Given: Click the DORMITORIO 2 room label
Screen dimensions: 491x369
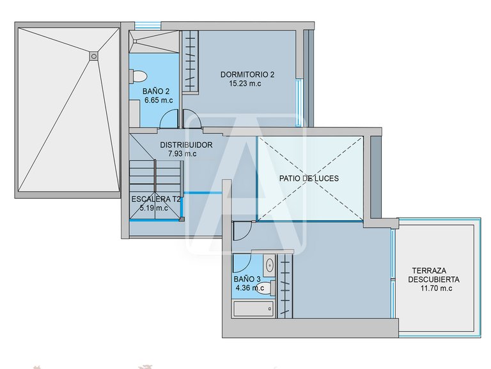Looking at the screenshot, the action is [247, 75].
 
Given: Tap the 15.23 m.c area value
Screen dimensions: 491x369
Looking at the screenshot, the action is [245, 83].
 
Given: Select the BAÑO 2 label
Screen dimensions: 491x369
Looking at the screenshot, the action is [156, 92].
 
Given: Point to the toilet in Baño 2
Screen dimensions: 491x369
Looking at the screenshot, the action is [138, 76].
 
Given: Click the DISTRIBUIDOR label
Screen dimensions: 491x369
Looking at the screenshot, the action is [186, 145].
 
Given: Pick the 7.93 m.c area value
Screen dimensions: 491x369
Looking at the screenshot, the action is [182, 154].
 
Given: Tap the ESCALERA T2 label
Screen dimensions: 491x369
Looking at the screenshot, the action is [156, 199].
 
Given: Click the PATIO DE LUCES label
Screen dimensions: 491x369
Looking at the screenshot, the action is [309, 179].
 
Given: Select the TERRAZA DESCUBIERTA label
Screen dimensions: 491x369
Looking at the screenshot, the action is [433, 275].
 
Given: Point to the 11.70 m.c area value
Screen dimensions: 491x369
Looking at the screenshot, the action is [436, 288].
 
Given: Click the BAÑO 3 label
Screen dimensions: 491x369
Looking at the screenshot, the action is [247, 279].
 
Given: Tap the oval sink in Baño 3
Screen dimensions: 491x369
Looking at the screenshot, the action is [269, 266].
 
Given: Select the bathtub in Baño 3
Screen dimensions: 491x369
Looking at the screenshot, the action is [253, 309].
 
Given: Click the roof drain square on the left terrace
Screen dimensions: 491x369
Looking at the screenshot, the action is [94, 56].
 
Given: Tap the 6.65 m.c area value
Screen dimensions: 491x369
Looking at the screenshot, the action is [159, 101].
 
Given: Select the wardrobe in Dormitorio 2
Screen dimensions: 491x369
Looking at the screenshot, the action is [191, 61].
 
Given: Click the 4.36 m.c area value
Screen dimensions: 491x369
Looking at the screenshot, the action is [250, 288].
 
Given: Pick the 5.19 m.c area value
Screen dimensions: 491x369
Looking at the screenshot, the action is [153, 208].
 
